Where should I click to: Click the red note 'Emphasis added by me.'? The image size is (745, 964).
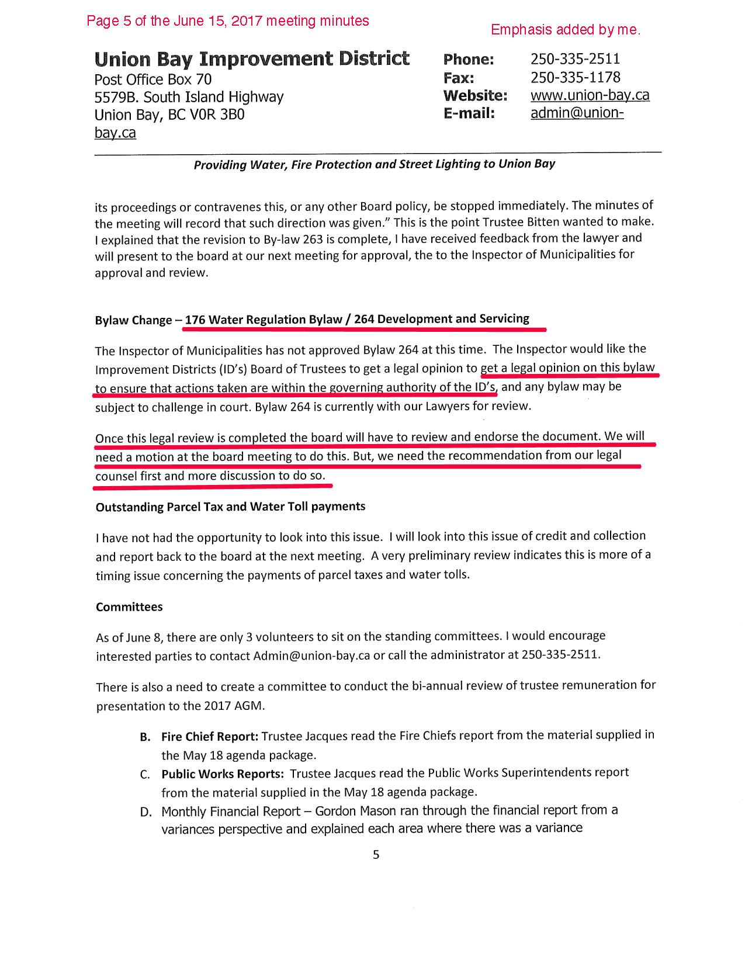coord(565,30)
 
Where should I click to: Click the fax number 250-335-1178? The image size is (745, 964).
coord(575,77)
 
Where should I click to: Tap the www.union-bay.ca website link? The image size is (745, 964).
coord(590,95)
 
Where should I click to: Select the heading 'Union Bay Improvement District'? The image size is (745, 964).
coord(252,59)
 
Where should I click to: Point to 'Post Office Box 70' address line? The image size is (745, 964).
coord(153,79)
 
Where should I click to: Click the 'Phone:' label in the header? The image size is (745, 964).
coord(469,59)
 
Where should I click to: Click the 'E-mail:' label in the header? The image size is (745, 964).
coord(469,113)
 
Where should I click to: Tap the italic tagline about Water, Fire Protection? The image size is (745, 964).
coord(374,164)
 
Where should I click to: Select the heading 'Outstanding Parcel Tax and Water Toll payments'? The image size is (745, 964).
coord(230,507)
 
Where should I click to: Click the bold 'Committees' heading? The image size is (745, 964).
coord(129,607)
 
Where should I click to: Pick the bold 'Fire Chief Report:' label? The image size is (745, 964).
coord(210,736)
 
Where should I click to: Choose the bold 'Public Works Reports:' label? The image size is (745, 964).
coord(223,774)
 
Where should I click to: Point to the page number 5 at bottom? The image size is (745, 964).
coord(376,855)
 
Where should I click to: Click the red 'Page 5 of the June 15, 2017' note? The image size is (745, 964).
coord(227,21)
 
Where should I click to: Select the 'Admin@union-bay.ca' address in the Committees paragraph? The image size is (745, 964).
coord(311,656)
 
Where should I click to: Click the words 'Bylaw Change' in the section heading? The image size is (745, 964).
coord(133,320)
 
